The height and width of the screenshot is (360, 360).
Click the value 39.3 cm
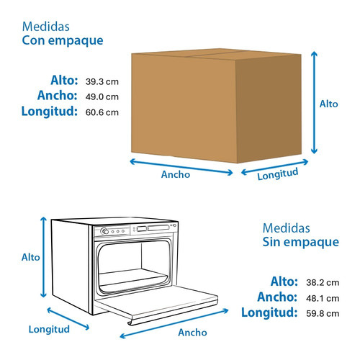102,81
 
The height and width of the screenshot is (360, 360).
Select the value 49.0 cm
102,97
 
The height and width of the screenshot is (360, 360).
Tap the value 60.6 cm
102,112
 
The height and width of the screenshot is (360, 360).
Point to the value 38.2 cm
323,283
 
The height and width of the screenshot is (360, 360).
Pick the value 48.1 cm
323,298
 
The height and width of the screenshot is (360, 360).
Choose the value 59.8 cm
323,313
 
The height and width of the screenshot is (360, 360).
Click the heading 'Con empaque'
63,41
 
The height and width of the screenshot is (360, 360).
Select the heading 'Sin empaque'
301,242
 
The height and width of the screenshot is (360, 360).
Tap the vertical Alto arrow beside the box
314,102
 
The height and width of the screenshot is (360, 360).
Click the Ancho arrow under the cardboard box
181,167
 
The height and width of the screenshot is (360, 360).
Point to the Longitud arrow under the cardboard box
275,167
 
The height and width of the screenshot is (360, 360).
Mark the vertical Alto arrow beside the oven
43,257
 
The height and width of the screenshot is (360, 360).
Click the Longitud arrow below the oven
68,319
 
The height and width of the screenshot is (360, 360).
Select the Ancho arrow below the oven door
174,323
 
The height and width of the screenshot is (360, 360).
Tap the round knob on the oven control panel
104,231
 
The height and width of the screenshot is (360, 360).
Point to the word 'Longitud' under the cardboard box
278,174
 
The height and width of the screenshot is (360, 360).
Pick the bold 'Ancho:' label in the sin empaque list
277,297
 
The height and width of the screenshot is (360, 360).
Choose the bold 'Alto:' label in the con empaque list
64,81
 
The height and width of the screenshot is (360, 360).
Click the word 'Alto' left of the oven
30,258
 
